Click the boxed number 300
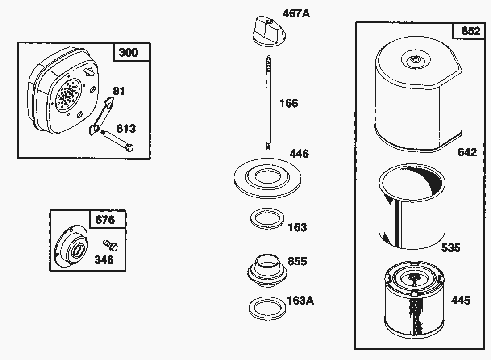click(x=129, y=53)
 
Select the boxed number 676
click(x=105, y=220)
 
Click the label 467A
click(x=296, y=13)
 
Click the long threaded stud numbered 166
click(x=268, y=103)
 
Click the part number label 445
click(x=460, y=300)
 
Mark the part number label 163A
click(x=300, y=301)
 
